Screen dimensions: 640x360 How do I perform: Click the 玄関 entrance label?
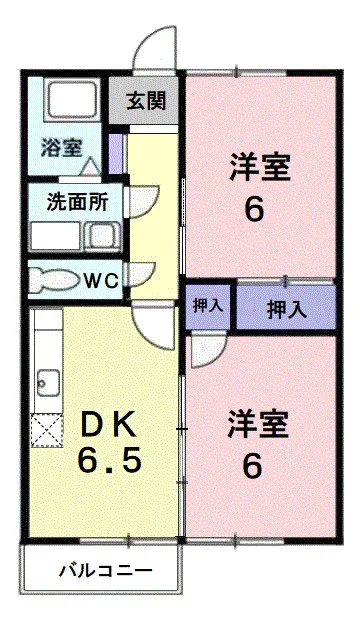146,101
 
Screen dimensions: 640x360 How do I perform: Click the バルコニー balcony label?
103,572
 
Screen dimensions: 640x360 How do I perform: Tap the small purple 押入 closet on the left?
208,306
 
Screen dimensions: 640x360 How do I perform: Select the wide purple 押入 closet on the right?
286,309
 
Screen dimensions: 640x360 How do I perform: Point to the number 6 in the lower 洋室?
254,466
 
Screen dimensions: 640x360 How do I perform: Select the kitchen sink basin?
46,381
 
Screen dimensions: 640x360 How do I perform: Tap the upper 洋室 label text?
259,166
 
